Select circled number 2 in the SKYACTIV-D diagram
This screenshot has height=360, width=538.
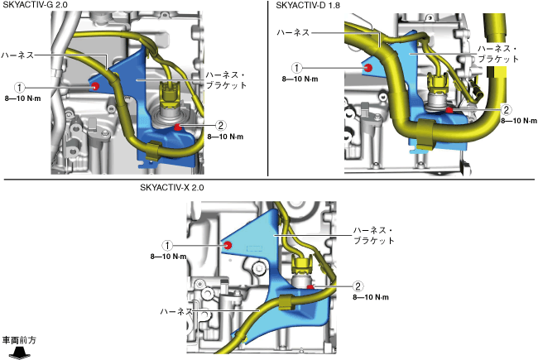(507, 109)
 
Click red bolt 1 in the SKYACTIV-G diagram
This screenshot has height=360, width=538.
(96, 86)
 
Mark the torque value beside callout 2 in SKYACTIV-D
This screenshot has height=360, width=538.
(520, 121)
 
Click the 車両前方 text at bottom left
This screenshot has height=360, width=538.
(19, 340)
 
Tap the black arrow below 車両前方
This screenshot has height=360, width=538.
(18, 353)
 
